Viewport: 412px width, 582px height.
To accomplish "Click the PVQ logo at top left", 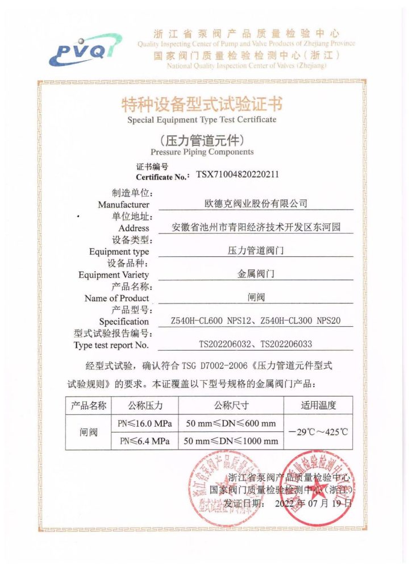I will pos(85,48).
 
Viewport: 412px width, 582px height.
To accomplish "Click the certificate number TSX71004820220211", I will pos(238,175).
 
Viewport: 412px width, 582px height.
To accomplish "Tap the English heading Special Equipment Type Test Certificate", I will pos(202,120).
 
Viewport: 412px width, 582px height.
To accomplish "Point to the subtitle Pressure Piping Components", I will pos(202,152).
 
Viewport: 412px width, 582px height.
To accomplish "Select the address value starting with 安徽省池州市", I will pos(256,227).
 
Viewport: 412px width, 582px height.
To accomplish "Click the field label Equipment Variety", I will pos(114,275).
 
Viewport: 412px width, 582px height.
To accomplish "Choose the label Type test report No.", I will pos(111,345).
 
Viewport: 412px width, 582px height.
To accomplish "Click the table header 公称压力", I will pos(144,405).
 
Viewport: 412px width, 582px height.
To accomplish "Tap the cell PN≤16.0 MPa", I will pos(144,423).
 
